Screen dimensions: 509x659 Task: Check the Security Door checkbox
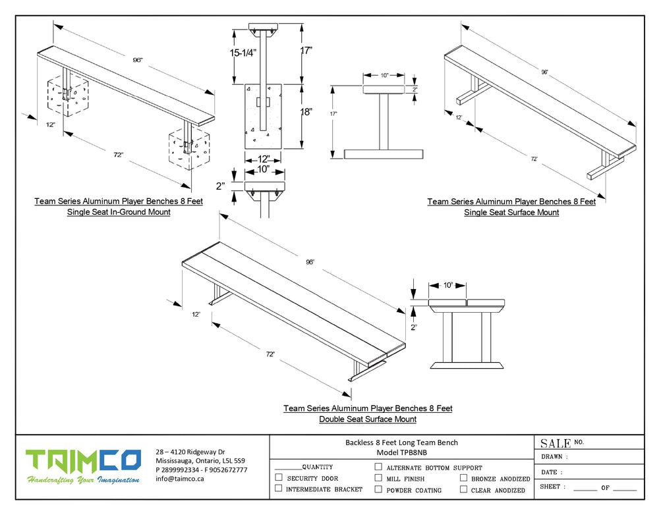(x=279, y=477)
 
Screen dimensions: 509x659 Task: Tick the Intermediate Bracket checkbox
(x=279, y=489)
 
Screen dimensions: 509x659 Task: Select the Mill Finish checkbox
(x=378, y=478)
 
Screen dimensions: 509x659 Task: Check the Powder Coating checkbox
(x=378, y=489)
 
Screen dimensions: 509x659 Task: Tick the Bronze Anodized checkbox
(x=464, y=478)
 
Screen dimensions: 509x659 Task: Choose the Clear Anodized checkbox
(x=464, y=489)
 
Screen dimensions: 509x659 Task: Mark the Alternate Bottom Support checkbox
(x=378, y=467)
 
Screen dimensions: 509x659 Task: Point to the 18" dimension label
(x=306, y=112)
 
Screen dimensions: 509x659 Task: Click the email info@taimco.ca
(x=180, y=479)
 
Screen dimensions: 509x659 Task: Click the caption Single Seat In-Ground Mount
(x=119, y=212)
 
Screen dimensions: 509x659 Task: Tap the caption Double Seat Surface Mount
(x=368, y=419)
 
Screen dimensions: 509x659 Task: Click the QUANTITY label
(x=317, y=466)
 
